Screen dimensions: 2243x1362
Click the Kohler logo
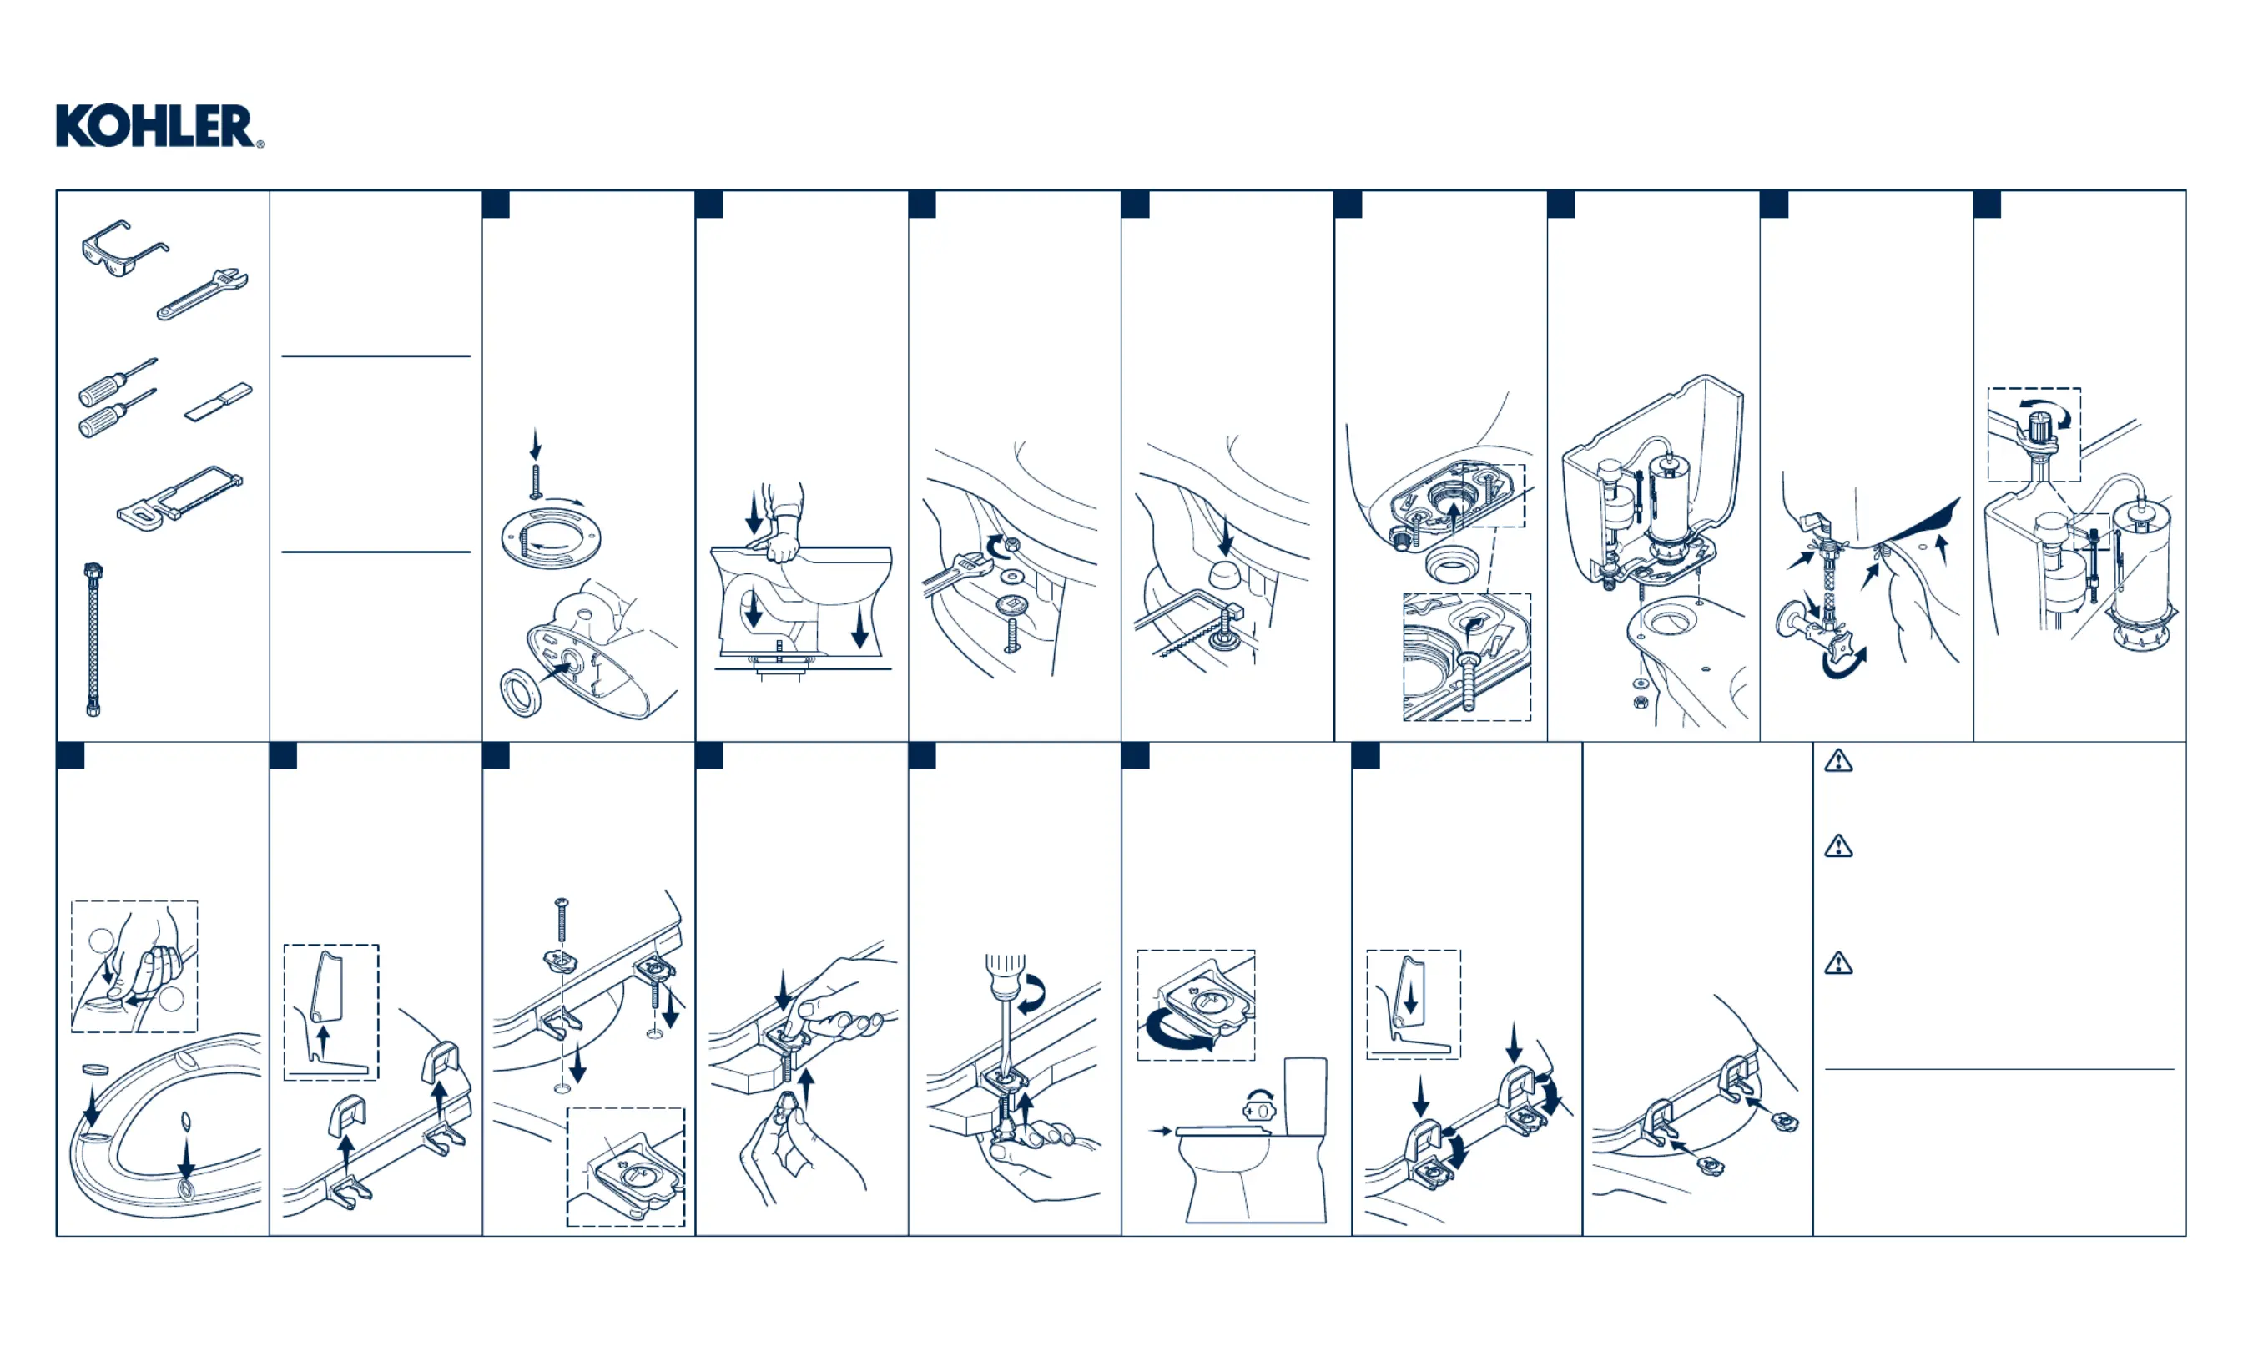click(x=159, y=126)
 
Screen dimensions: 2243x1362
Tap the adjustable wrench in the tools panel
click(x=202, y=294)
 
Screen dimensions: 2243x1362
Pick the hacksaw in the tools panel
click(x=180, y=499)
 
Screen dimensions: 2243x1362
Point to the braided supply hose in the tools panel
click(x=93, y=640)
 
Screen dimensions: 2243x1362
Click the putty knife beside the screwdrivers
click(x=219, y=402)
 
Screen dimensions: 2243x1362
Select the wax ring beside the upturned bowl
click(x=522, y=693)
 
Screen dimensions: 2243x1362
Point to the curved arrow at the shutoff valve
click(x=1844, y=663)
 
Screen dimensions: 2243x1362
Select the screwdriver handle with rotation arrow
click(x=1005, y=975)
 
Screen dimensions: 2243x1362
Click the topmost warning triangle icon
click(x=1839, y=760)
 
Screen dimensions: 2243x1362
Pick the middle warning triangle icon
click(x=1839, y=847)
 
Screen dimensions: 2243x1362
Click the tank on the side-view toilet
click(x=1305, y=1096)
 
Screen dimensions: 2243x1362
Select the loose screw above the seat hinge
click(x=561, y=921)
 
